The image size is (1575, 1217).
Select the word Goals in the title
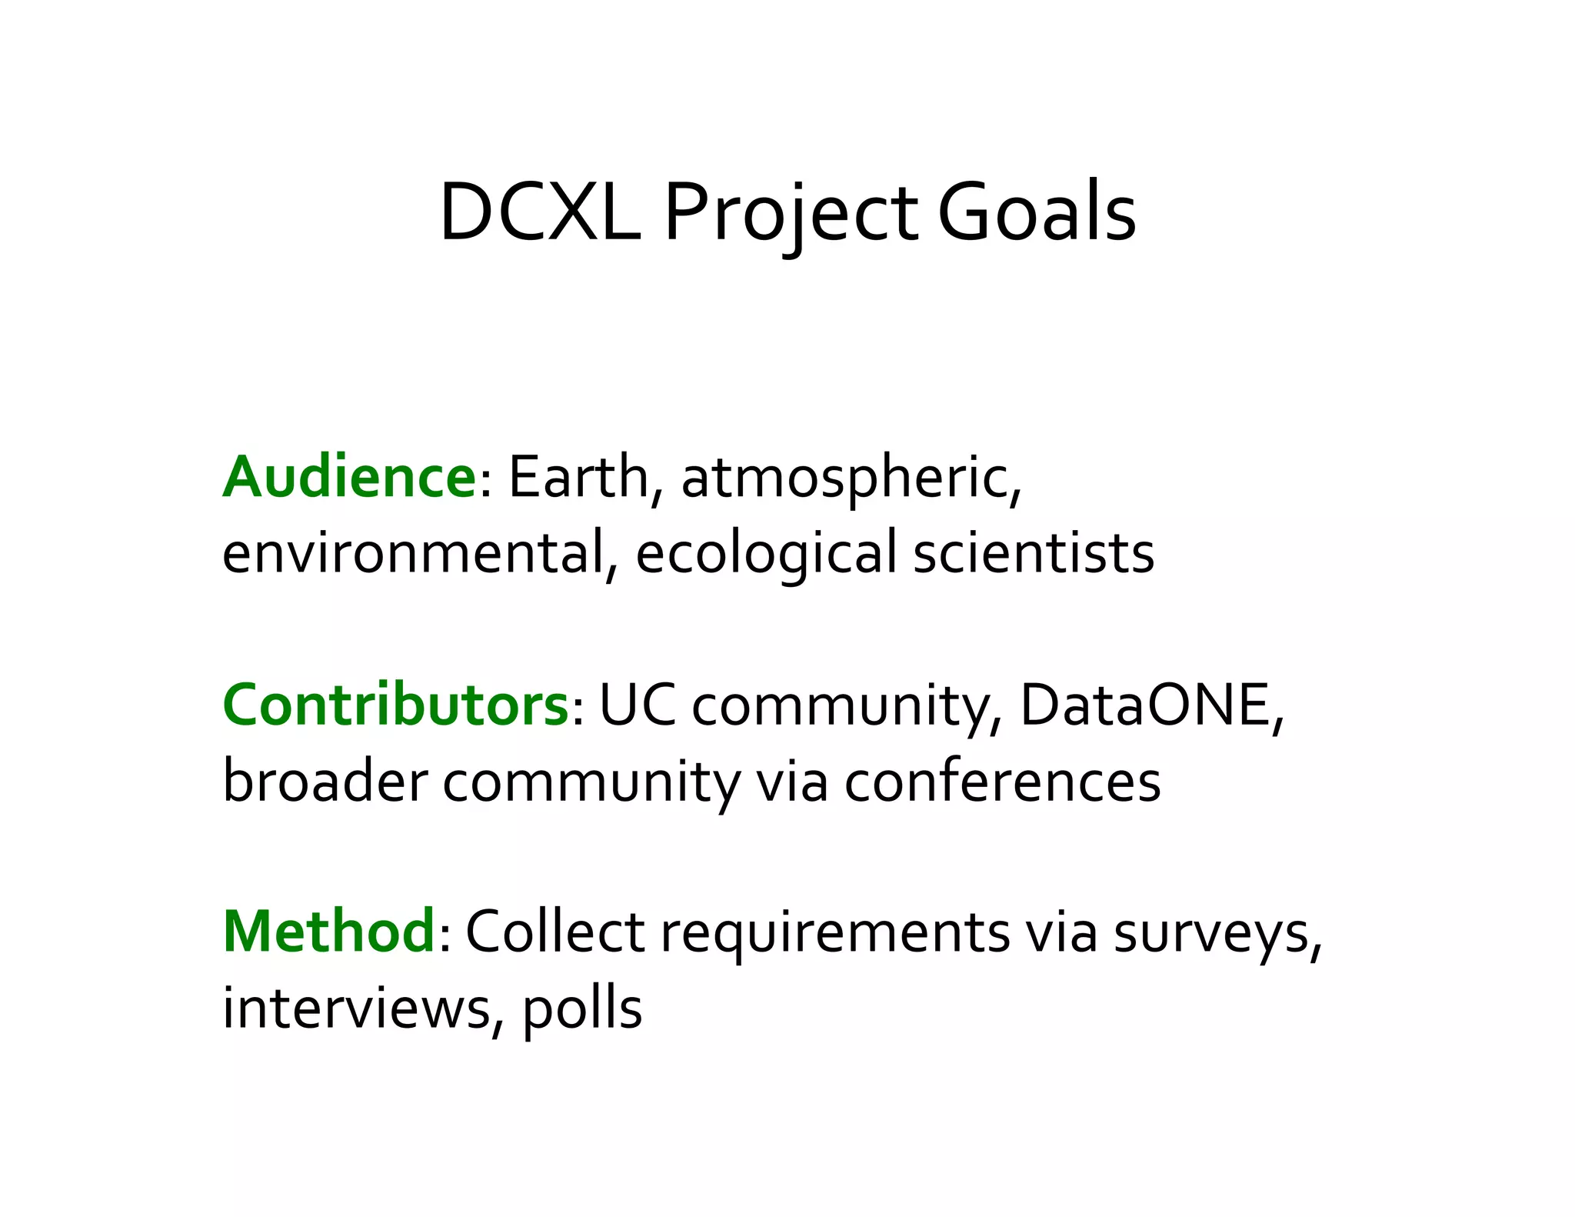pyautogui.click(x=1037, y=213)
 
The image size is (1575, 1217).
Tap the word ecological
pyautogui.click(x=766, y=553)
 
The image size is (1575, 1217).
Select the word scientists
pyautogui.click(x=1034, y=553)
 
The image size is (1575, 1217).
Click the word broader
pyautogui.click(x=325, y=782)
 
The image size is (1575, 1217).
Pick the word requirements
pyautogui.click(x=835, y=932)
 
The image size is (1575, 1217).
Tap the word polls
pyautogui.click(x=582, y=1009)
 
